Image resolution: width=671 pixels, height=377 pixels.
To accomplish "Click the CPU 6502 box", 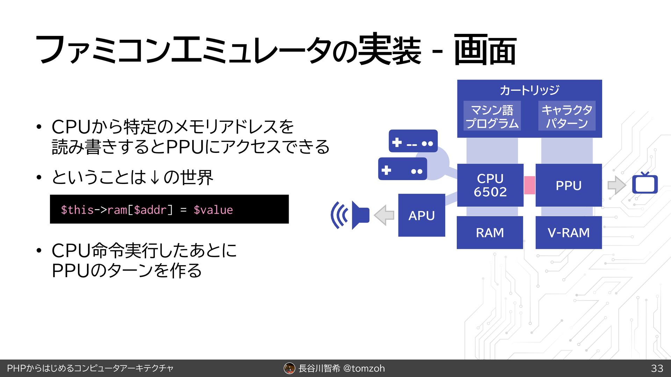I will tap(490, 185).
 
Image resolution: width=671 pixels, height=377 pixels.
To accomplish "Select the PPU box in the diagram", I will tap(568, 185).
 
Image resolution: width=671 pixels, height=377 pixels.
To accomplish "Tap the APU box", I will tap(421, 215).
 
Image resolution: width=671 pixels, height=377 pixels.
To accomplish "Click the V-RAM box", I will tap(568, 232).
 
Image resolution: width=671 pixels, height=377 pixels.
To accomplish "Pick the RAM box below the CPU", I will tap(490, 232).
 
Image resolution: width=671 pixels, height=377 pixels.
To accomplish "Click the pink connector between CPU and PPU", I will tap(529, 185).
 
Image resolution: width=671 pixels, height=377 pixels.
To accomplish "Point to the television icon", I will tap(645, 184).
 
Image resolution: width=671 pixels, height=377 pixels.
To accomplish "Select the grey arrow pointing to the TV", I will tap(616, 185).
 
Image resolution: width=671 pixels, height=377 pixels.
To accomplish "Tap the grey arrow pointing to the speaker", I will tap(384, 215).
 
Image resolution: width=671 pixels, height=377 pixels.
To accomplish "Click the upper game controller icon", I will tap(413, 141).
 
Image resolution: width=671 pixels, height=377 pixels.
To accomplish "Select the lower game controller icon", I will tap(403, 169).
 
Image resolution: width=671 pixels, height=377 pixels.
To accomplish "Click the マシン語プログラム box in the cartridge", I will tap(492, 116).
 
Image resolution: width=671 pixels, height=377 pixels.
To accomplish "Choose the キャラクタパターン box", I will tap(567, 116).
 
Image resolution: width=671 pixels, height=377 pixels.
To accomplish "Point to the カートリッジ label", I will tap(529, 90).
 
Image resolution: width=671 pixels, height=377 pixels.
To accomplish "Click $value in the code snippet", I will tap(213, 210).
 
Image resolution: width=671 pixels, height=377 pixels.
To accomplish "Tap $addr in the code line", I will tap(150, 210).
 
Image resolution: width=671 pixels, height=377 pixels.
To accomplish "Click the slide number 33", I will tap(657, 368).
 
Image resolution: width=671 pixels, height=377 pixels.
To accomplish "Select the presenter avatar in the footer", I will tap(289, 368).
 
